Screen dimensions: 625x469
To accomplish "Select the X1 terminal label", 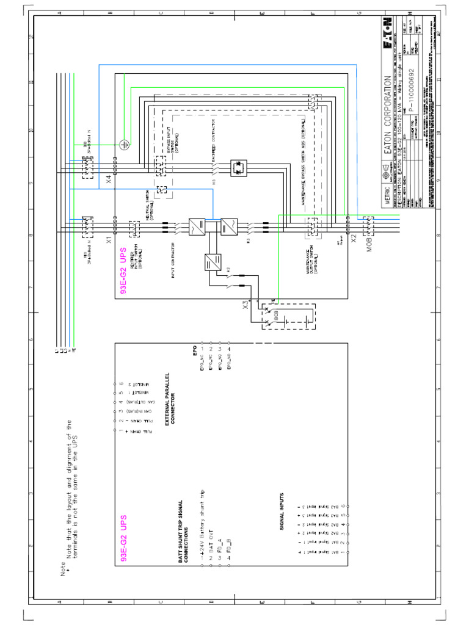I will coord(109,239).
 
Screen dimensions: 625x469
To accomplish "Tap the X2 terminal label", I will coord(354,239).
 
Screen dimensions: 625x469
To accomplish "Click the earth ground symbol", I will coord(125,145).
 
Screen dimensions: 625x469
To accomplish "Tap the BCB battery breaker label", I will coord(276,317).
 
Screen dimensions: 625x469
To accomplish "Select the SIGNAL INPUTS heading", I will coord(282,511).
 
